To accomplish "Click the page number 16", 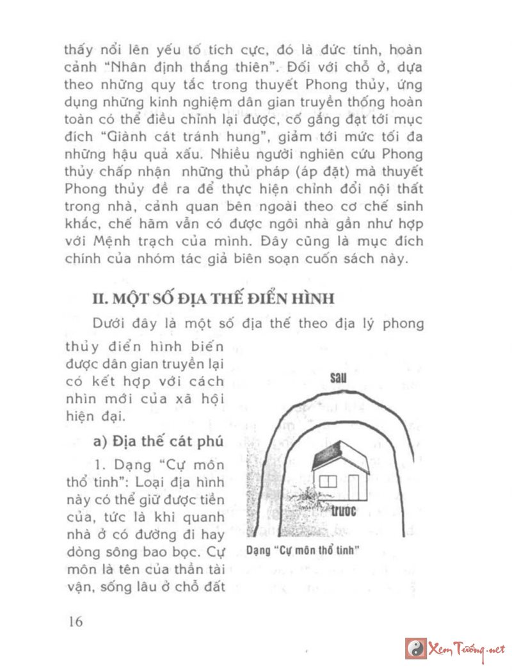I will [x=75, y=621].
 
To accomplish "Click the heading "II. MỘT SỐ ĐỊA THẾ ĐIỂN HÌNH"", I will [x=212, y=298].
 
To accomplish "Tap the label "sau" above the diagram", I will [x=337, y=378].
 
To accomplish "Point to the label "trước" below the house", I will [x=343, y=512].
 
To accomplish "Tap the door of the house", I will [x=354, y=489].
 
